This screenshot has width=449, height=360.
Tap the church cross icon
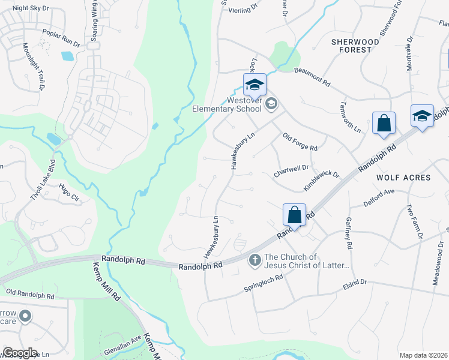[x=255, y=260]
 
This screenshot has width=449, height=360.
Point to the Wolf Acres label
[x=403, y=178]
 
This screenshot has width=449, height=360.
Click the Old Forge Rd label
[x=300, y=142]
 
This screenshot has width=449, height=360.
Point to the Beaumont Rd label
[x=312, y=76]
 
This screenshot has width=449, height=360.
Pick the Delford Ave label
[x=378, y=197]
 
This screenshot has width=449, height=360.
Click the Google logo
[x=20, y=353]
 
